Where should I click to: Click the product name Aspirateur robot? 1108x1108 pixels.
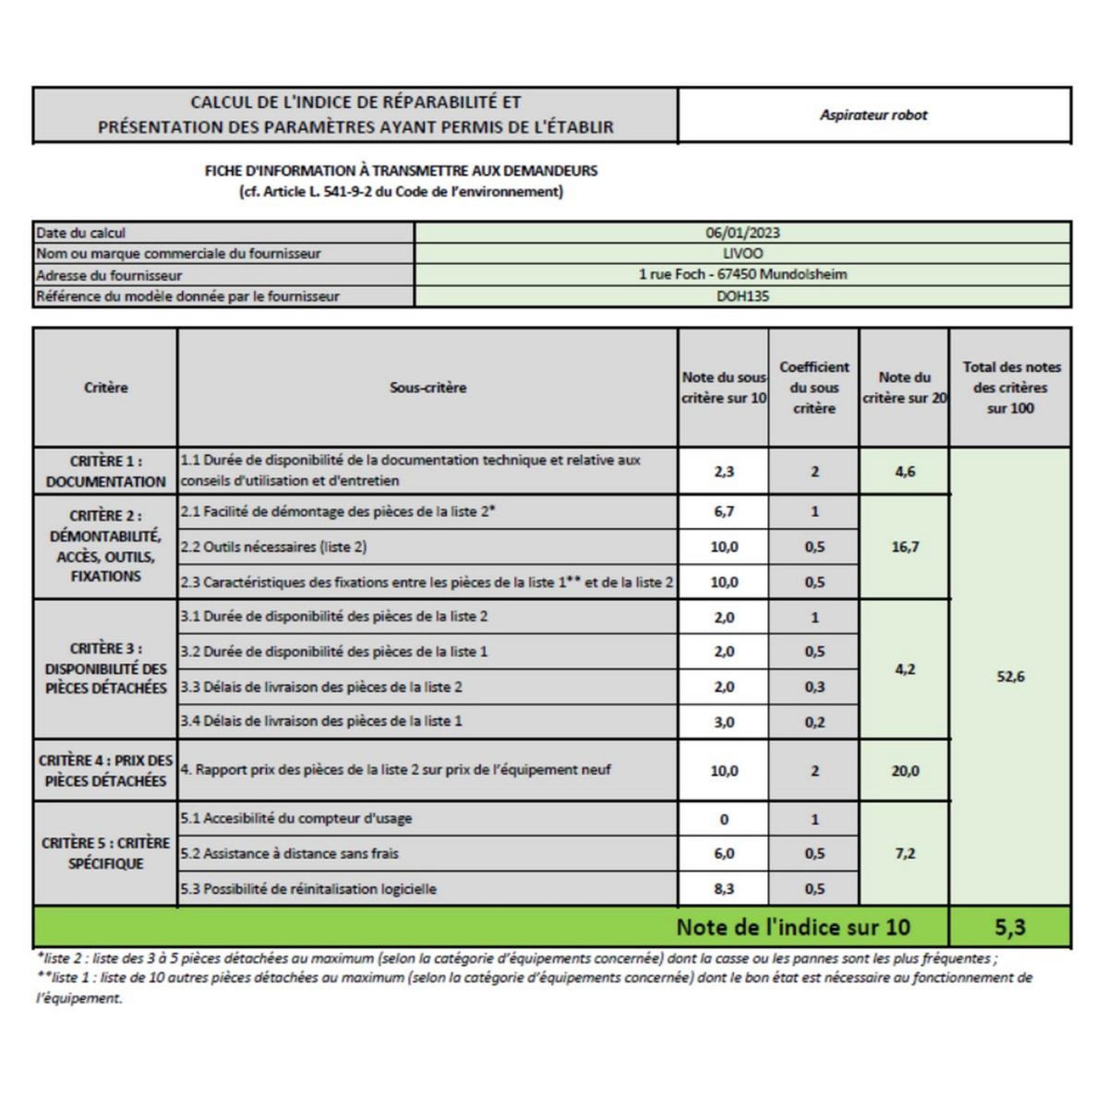coord(873,115)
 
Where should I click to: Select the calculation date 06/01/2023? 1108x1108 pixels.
coord(742,234)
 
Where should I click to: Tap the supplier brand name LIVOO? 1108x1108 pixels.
coord(742,254)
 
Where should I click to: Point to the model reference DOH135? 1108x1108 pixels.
coord(742,296)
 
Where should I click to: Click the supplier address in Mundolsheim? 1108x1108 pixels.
coord(742,275)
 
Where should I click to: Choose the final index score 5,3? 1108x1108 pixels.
coord(1010,927)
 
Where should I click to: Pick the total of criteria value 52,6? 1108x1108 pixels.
coord(1010,677)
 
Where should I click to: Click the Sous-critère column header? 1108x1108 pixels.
coord(428,388)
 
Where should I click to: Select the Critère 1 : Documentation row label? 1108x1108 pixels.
coord(105,471)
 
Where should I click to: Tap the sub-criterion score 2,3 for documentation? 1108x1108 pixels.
coord(724,472)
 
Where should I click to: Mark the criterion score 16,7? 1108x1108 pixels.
coord(905,547)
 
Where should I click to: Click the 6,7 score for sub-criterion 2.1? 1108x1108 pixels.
coord(724,512)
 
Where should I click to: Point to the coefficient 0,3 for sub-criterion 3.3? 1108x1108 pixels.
coord(813,687)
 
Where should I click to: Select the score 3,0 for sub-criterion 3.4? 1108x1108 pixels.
coord(724,722)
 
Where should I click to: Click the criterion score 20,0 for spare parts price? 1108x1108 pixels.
coord(905,771)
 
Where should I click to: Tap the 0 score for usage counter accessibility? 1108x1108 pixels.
coord(724,819)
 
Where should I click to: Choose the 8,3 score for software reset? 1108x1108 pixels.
coord(724,889)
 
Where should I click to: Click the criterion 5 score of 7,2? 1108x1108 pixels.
coord(905,854)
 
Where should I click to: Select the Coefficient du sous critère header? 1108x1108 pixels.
coord(813,388)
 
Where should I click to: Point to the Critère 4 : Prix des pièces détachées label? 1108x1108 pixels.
coord(105,771)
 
